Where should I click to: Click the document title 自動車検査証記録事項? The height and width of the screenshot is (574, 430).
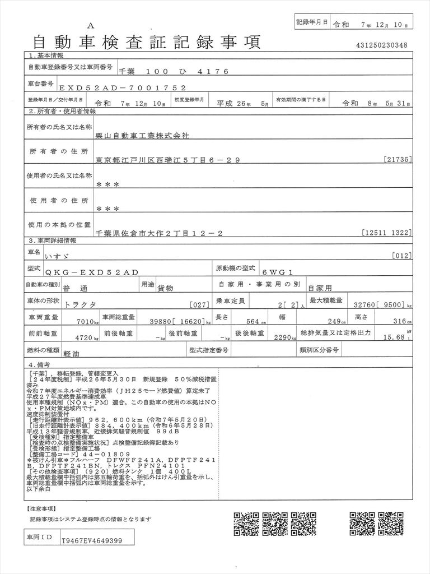pos(147,42)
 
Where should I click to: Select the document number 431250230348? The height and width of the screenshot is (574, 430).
pos(381,45)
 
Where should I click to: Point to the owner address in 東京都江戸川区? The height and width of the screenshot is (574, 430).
pos(168,160)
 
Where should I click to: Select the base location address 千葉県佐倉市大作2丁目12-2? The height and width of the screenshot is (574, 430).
pos(160,233)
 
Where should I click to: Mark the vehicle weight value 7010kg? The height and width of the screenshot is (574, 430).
pos(80,322)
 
